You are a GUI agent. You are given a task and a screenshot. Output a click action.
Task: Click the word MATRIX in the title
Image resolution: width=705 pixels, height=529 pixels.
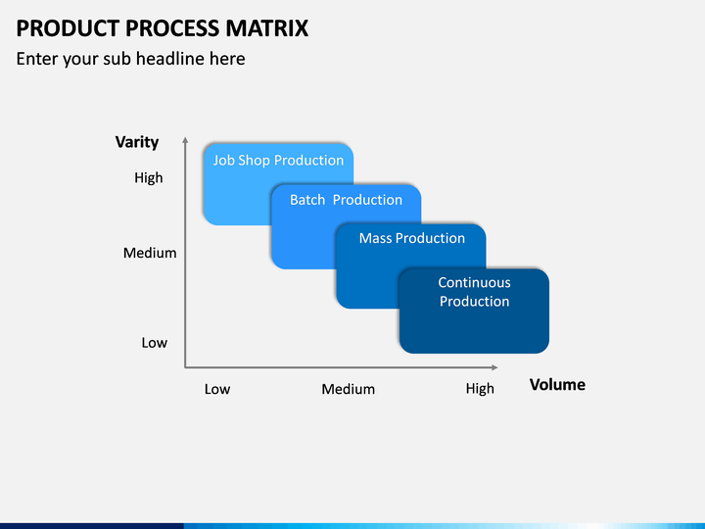(267, 28)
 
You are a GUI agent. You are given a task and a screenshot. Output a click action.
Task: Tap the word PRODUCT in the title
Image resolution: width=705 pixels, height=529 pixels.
(68, 28)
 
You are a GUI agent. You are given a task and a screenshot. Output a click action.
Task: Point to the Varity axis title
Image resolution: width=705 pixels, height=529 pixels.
(137, 142)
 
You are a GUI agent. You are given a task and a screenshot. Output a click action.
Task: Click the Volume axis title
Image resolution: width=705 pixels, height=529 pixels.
(557, 385)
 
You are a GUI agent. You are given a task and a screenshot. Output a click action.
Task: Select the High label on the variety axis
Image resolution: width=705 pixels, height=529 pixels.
(149, 177)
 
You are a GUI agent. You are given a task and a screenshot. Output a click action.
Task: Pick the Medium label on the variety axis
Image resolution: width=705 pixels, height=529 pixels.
(150, 253)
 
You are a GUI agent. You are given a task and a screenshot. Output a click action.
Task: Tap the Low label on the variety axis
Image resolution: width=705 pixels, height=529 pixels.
(155, 343)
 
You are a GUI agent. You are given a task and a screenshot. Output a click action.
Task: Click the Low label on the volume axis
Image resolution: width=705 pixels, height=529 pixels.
(217, 389)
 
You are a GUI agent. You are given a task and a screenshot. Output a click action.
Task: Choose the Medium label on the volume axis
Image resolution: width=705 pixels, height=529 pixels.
(348, 389)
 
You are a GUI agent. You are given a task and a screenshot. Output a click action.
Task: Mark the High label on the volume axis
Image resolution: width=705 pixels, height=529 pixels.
(480, 389)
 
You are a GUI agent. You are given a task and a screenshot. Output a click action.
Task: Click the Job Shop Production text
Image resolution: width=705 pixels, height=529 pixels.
(278, 161)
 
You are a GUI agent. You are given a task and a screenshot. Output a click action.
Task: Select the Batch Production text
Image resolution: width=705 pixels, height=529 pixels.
(346, 200)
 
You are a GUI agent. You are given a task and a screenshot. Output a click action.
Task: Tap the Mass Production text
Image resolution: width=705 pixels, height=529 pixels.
(412, 238)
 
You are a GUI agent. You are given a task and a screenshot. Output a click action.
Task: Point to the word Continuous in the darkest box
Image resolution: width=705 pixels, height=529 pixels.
(474, 282)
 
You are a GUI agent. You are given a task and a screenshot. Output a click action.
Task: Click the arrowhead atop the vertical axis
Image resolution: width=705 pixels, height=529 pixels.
(185, 140)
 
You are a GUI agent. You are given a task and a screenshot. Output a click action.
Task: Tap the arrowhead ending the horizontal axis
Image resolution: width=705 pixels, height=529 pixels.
(494, 367)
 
